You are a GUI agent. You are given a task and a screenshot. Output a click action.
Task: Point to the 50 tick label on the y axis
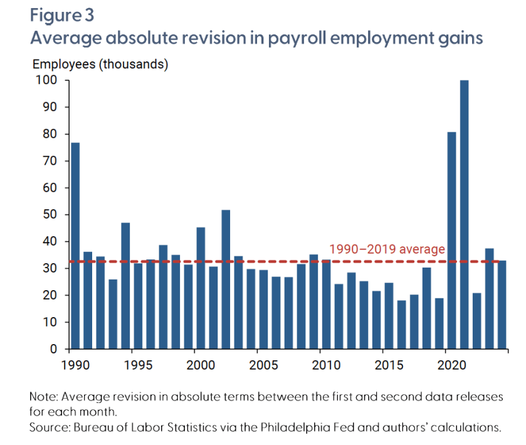51,215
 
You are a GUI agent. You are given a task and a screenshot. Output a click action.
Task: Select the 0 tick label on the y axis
54,349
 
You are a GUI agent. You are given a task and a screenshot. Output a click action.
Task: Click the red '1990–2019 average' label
387,249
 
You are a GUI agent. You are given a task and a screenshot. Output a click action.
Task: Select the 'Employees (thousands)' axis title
100,63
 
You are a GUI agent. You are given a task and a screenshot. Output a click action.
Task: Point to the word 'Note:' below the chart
43,397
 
